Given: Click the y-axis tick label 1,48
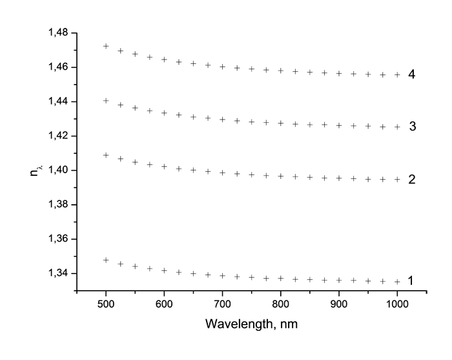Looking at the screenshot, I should tap(59, 33).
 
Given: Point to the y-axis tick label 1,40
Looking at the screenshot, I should tap(59, 170).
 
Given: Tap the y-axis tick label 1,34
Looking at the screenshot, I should tap(59, 273).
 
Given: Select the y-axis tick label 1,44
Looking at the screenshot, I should tap(59, 101).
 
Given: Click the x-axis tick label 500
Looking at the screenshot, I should tap(106, 303).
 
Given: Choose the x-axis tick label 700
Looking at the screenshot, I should tap(222, 303).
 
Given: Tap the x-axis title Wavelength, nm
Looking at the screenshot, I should tap(251, 323).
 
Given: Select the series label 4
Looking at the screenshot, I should tap(411, 74).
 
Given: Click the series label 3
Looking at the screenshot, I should tap(411, 126).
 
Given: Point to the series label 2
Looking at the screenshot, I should tap(411, 179).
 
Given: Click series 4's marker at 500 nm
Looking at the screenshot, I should tap(106, 47).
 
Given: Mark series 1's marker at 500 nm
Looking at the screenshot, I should tap(106, 260).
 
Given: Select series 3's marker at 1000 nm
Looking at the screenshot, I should tap(397, 127).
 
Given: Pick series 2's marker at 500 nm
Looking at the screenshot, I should tap(106, 155).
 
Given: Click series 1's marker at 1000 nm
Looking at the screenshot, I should tap(397, 282).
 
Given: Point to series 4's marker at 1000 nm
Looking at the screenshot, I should tap(397, 75).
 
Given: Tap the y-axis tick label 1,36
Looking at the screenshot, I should tap(59, 239).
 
